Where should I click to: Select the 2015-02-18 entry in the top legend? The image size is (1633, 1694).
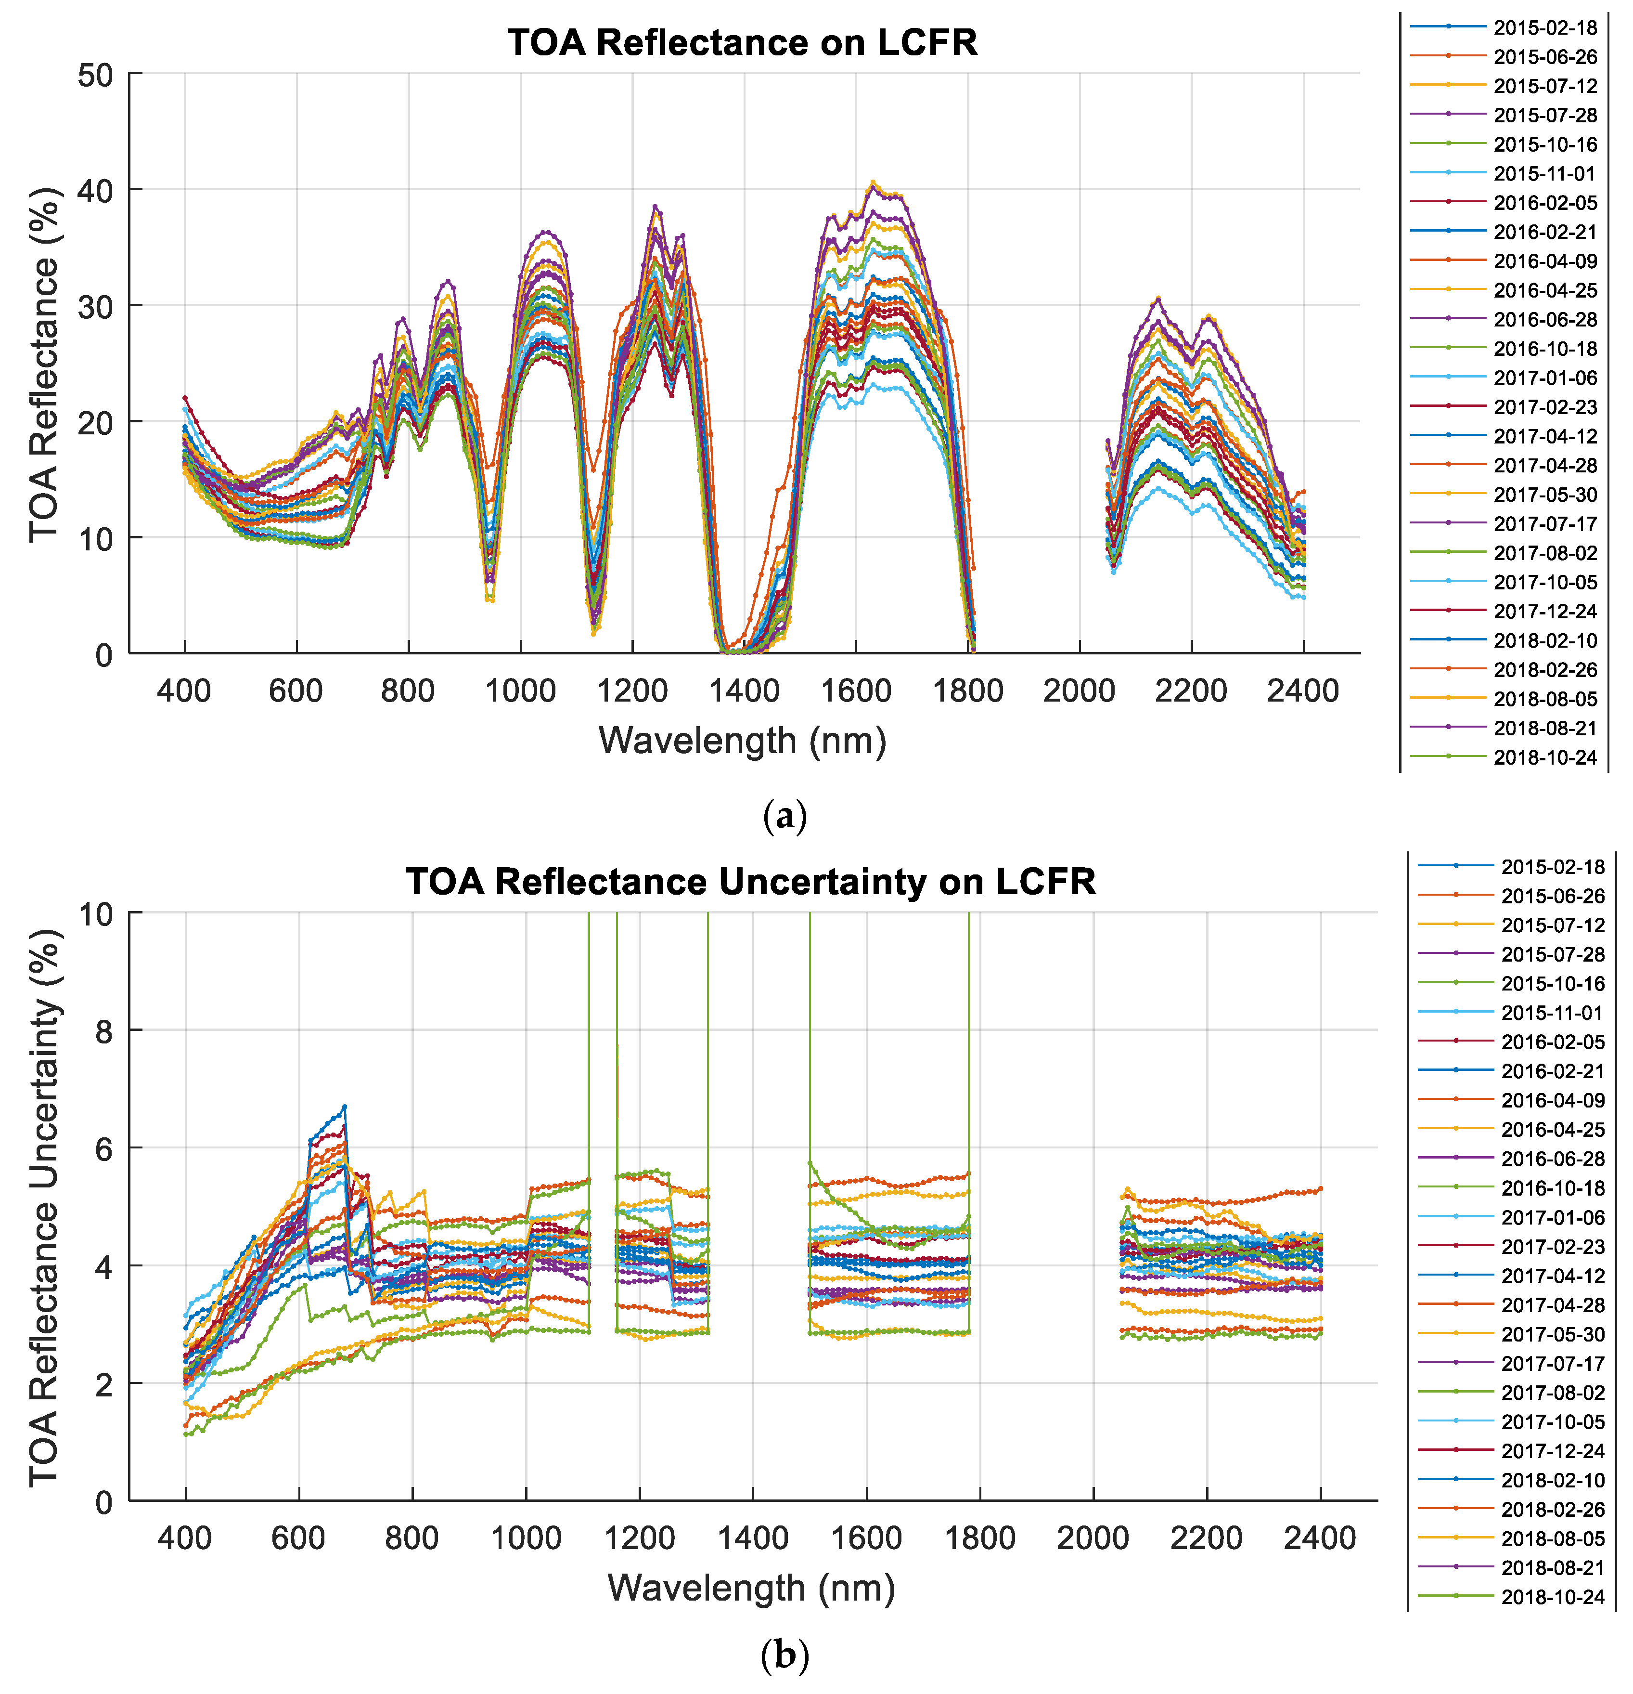[x=1545, y=27]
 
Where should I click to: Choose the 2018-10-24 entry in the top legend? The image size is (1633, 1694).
[x=1545, y=757]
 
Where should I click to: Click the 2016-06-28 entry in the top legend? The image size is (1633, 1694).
[x=1545, y=320]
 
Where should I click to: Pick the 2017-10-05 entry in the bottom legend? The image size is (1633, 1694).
[x=1552, y=1422]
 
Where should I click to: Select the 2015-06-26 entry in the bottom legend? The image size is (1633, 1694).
[x=1552, y=896]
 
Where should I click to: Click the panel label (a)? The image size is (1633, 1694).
[x=784, y=815]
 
